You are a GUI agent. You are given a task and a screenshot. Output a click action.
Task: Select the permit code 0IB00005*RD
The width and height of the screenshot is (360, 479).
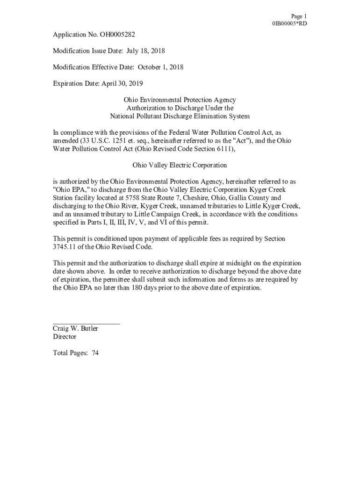click(x=289, y=23)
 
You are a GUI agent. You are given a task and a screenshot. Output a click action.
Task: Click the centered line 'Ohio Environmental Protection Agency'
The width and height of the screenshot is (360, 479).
click(x=180, y=100)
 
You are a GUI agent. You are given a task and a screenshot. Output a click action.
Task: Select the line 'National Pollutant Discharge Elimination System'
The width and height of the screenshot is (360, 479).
click(x=180, y=116)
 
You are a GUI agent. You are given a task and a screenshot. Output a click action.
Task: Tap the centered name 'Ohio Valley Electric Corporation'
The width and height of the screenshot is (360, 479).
click(x=180, y=165)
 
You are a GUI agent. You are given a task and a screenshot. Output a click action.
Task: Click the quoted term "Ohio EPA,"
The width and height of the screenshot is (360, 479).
click(x=69, y=189)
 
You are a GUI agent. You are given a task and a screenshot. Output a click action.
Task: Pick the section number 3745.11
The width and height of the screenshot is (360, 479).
click(x=66, y=247)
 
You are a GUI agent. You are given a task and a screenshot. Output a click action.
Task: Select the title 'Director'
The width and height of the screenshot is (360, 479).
click(x=65, y=337)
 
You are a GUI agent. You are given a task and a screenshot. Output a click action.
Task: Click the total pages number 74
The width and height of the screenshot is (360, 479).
click(x=95, y=353)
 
